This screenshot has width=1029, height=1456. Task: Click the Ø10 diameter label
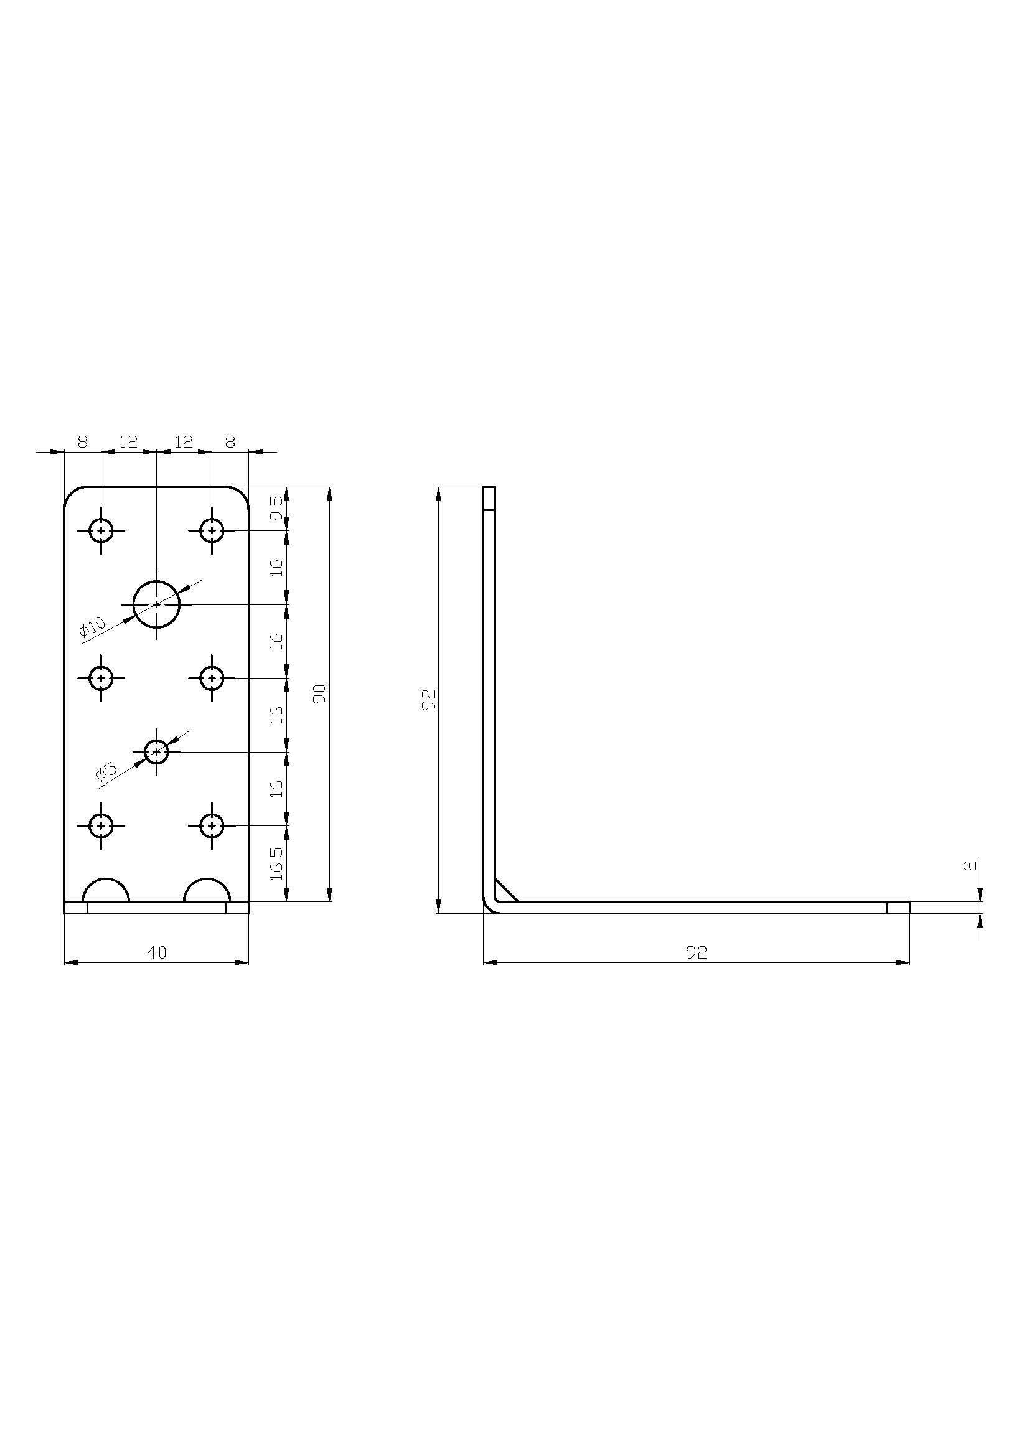coord(93,627)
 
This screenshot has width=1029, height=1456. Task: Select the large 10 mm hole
coord(156,604)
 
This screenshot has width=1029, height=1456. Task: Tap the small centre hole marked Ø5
coord(156,752)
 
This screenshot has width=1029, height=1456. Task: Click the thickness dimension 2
coord(970,866)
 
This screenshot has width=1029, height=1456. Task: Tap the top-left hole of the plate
coord(101,530)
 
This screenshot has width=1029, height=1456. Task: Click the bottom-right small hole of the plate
coord(212,825)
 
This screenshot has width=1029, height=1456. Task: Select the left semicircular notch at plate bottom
coord(106,891)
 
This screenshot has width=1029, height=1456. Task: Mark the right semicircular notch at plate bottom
coord(207,891)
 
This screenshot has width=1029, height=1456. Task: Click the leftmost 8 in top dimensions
coord(83,442)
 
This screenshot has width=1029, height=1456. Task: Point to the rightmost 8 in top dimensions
coord(230,442)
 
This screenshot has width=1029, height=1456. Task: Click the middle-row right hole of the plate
coord(212,678)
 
